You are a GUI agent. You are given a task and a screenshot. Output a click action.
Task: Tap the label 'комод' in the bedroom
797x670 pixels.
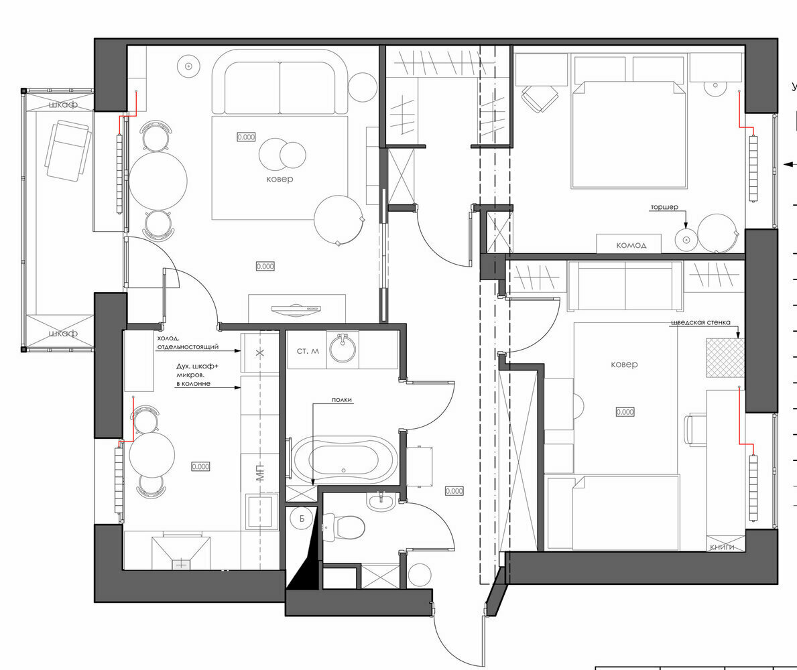pyautogui.click(x=631, y=245)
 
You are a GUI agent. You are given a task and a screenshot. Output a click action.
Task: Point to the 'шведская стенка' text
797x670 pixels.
pyautogui.click(x=700, y=322)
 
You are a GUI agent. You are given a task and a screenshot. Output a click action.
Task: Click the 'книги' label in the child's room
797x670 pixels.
pyautogui.click(x=723, y=547)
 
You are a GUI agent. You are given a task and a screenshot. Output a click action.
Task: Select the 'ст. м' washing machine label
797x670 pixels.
pyautogui.click(x=307, y=351)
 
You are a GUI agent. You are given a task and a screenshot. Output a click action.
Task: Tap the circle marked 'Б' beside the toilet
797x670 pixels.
pyautogui.click(x=302, y=519)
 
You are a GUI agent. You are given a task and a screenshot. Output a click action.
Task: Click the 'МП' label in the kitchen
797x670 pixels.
pyautogui.click(x=260, y=472)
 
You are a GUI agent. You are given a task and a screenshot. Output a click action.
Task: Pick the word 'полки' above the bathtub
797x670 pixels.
pyautogui.click(x=341, y=400)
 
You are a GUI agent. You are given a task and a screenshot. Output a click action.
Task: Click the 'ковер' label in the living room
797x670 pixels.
pyautogui.click(x=279, y=180)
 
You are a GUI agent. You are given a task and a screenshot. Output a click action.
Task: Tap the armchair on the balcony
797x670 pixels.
pyautogui.click(x=67, y=149)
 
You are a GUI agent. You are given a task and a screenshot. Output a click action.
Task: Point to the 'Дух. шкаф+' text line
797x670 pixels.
pyautogui.click(x=184, y=367)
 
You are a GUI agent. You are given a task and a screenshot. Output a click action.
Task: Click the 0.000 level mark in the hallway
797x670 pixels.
pyautogui.click(x=454, y=491)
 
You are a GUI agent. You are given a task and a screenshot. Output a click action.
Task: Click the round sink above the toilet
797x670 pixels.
pyautogui.click(x=381, y=502)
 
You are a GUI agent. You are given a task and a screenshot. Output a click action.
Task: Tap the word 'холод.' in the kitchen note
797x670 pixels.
pyautogui.click(x=169, y=338)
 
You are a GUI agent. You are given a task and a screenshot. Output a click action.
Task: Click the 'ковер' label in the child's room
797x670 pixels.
pyautogui.click(x=624, y=364)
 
